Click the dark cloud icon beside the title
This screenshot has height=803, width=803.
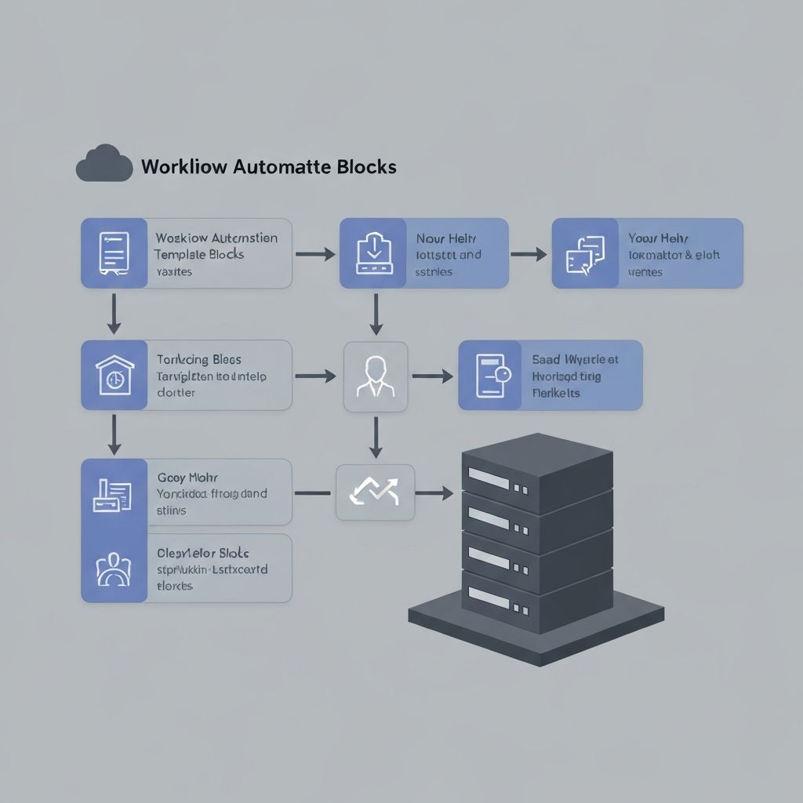coord(104,164)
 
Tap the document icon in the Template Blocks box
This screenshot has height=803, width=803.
coord(114,253)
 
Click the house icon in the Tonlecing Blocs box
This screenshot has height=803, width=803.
coord(114,375)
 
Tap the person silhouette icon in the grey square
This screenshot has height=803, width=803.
coord(376,376)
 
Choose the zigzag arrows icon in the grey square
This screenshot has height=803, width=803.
coord(375,492)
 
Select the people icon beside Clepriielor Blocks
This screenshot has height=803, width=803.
coord(114,568)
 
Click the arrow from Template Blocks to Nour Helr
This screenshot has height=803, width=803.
coord(315,254)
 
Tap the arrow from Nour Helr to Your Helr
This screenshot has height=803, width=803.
coord(529,254)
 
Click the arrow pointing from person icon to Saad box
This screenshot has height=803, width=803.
coord(432,376)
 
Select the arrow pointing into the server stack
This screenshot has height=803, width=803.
coord(434,493)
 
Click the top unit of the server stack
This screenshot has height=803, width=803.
coord(536,471)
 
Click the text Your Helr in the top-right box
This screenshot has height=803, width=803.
coord(658,238)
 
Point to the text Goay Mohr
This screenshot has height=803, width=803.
coord(187,477)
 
